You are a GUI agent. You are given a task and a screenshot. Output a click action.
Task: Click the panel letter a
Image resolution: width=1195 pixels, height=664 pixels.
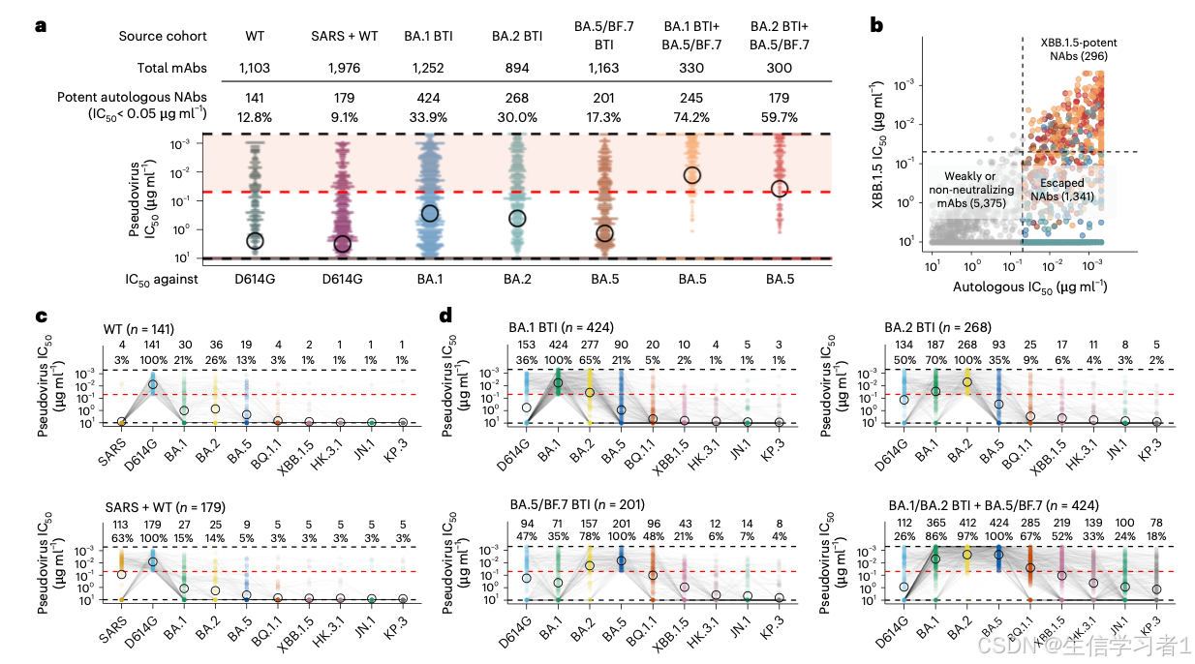coord(40,25)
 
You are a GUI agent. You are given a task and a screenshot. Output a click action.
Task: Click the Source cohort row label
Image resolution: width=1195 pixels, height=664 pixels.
coord(163,36)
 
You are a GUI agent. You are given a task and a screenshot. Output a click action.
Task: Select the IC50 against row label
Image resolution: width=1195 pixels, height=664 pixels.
coord(153,280)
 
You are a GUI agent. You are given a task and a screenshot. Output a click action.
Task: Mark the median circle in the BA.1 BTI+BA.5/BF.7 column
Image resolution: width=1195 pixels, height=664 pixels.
coord(691,175)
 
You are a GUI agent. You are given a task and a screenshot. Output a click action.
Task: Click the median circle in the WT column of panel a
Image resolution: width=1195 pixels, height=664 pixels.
coord(255,241)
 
